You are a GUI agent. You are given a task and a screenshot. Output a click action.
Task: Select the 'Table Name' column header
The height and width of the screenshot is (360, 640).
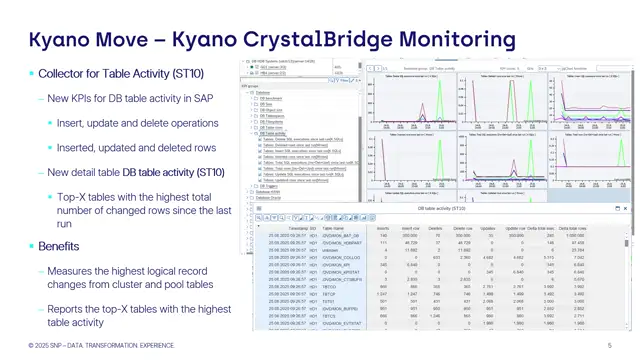(335, 229)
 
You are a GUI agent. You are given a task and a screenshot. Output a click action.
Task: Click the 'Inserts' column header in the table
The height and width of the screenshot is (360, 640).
(381, 229)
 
